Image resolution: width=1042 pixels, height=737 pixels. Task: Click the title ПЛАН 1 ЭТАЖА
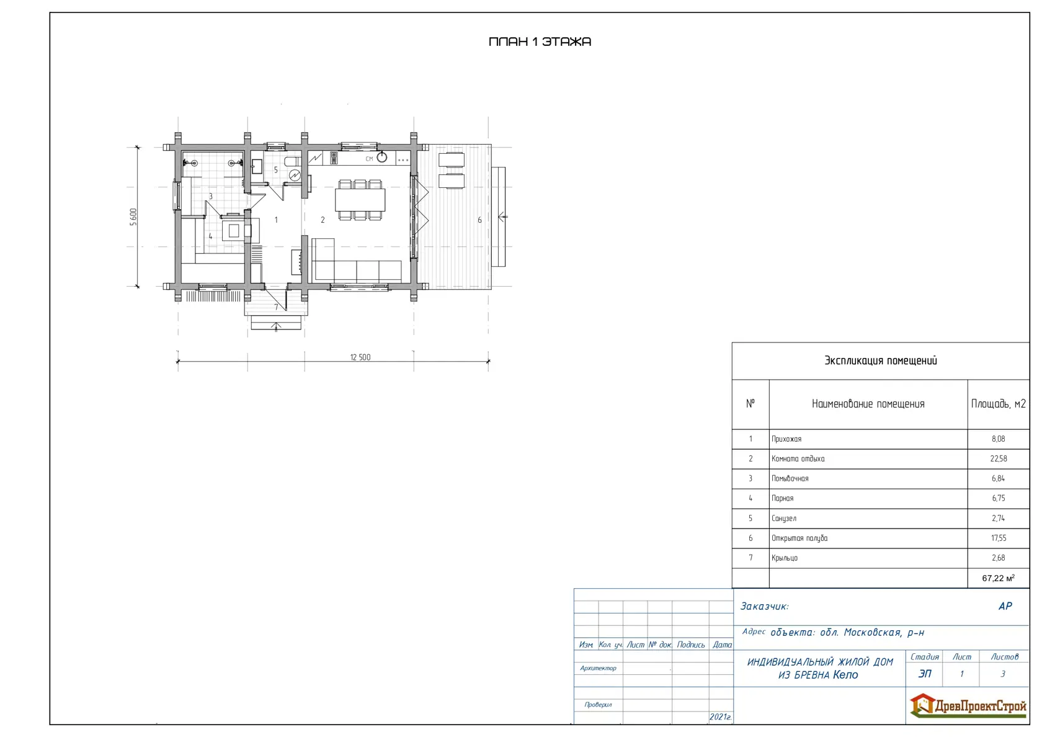coord(540,42)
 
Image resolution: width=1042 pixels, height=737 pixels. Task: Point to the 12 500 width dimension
coord(360,357)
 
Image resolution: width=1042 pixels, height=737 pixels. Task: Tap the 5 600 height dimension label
coord(133,217)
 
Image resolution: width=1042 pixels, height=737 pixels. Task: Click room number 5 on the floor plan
coord(276,170)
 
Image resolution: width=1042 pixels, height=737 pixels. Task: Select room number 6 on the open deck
coord(479,220)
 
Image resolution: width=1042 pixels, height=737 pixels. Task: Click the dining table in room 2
coord(360,200)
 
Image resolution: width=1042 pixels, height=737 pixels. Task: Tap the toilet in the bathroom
coord(292,161)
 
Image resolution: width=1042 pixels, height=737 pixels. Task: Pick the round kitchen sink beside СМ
coord(381,158)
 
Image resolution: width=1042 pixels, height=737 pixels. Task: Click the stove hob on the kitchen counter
coord(334,158)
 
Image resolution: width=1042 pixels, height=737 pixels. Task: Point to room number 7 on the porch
coord(277,306)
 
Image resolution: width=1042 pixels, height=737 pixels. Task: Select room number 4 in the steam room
coord(210,236)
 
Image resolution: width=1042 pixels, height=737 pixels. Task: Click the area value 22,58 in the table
coord(999,459)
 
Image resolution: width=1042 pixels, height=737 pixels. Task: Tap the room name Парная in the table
coord(783,498)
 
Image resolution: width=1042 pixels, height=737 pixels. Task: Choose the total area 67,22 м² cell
coord(999,578)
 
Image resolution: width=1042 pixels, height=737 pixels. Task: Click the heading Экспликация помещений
coord(881,360)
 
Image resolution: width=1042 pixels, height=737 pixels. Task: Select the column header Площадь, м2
coord(999,404)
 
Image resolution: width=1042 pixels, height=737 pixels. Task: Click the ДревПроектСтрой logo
coord(968,706)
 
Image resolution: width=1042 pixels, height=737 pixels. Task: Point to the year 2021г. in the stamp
coord(720,717)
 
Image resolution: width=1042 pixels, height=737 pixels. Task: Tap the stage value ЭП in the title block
coord(924,674)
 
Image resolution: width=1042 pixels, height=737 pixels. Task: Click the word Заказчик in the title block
coord(764,606)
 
